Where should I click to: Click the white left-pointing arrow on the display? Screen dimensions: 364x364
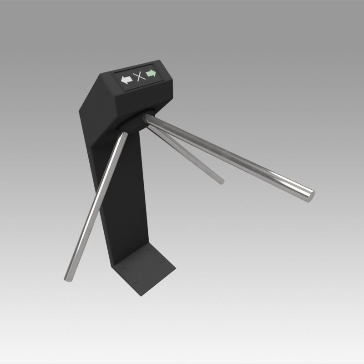pos(126,79)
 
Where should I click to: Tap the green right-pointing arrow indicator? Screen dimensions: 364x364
pos(151,74)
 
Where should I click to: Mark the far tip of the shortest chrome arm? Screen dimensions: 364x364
pos(221,181)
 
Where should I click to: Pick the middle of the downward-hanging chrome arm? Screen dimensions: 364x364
pos(95,205)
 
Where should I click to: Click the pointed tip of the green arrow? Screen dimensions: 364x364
pos(156,73)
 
